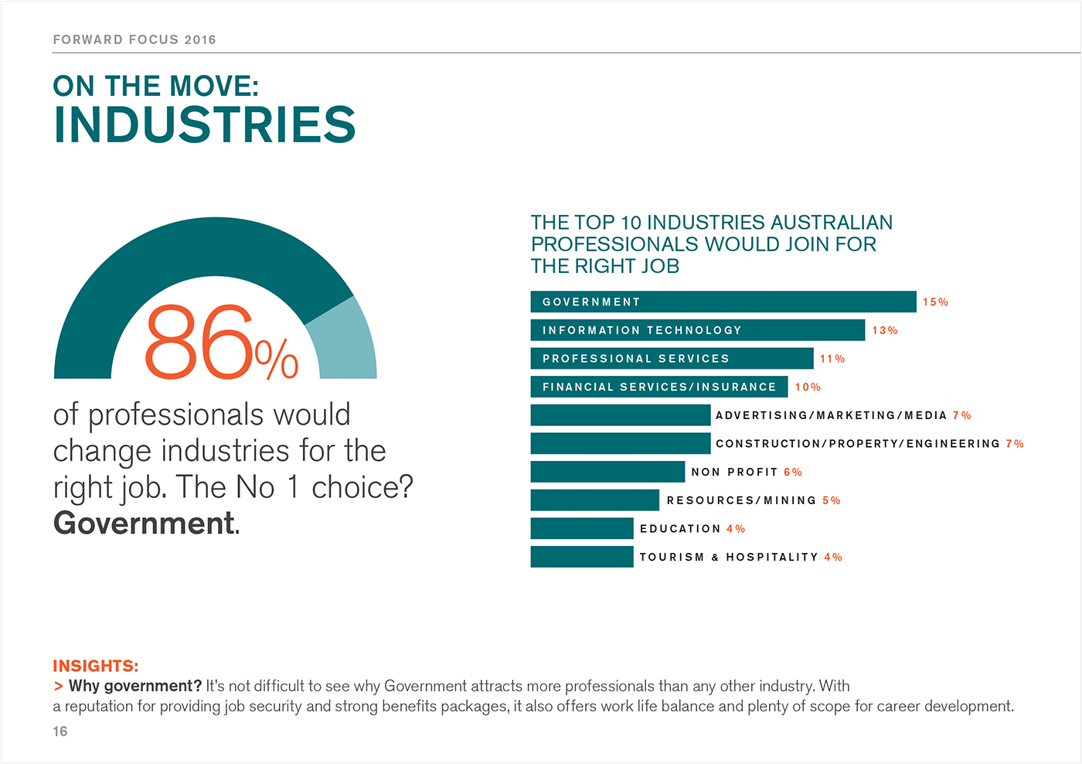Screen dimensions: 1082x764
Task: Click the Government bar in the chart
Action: tap(723, 302)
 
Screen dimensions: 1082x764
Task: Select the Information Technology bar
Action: tap(697, 330)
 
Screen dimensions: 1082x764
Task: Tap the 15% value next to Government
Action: tap(935, 302)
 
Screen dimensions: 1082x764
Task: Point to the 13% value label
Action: tap(884, 330)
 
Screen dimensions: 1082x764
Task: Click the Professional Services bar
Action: tap(672, 358)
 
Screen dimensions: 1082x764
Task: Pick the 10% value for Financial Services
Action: tap(808, 387)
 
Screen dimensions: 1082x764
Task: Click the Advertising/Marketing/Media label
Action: tap(831, 415)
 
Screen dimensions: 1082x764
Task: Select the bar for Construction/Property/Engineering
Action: tap(620, 443)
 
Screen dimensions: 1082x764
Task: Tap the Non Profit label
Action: tap(734, 472)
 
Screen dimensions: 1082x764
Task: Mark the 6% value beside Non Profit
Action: tap(793, 472)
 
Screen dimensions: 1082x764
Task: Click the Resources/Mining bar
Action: tap(594, 500)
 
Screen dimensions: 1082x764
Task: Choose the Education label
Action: tap(680, 529)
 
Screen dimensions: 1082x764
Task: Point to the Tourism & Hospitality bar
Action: tap(581, 557)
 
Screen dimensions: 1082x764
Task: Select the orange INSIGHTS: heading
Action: tap(96, 666)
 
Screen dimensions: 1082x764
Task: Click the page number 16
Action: tap(60, 732)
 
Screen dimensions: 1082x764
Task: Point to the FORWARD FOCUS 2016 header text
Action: tap(134, 39)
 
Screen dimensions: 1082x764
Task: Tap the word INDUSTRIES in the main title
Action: tap(205, 124)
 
